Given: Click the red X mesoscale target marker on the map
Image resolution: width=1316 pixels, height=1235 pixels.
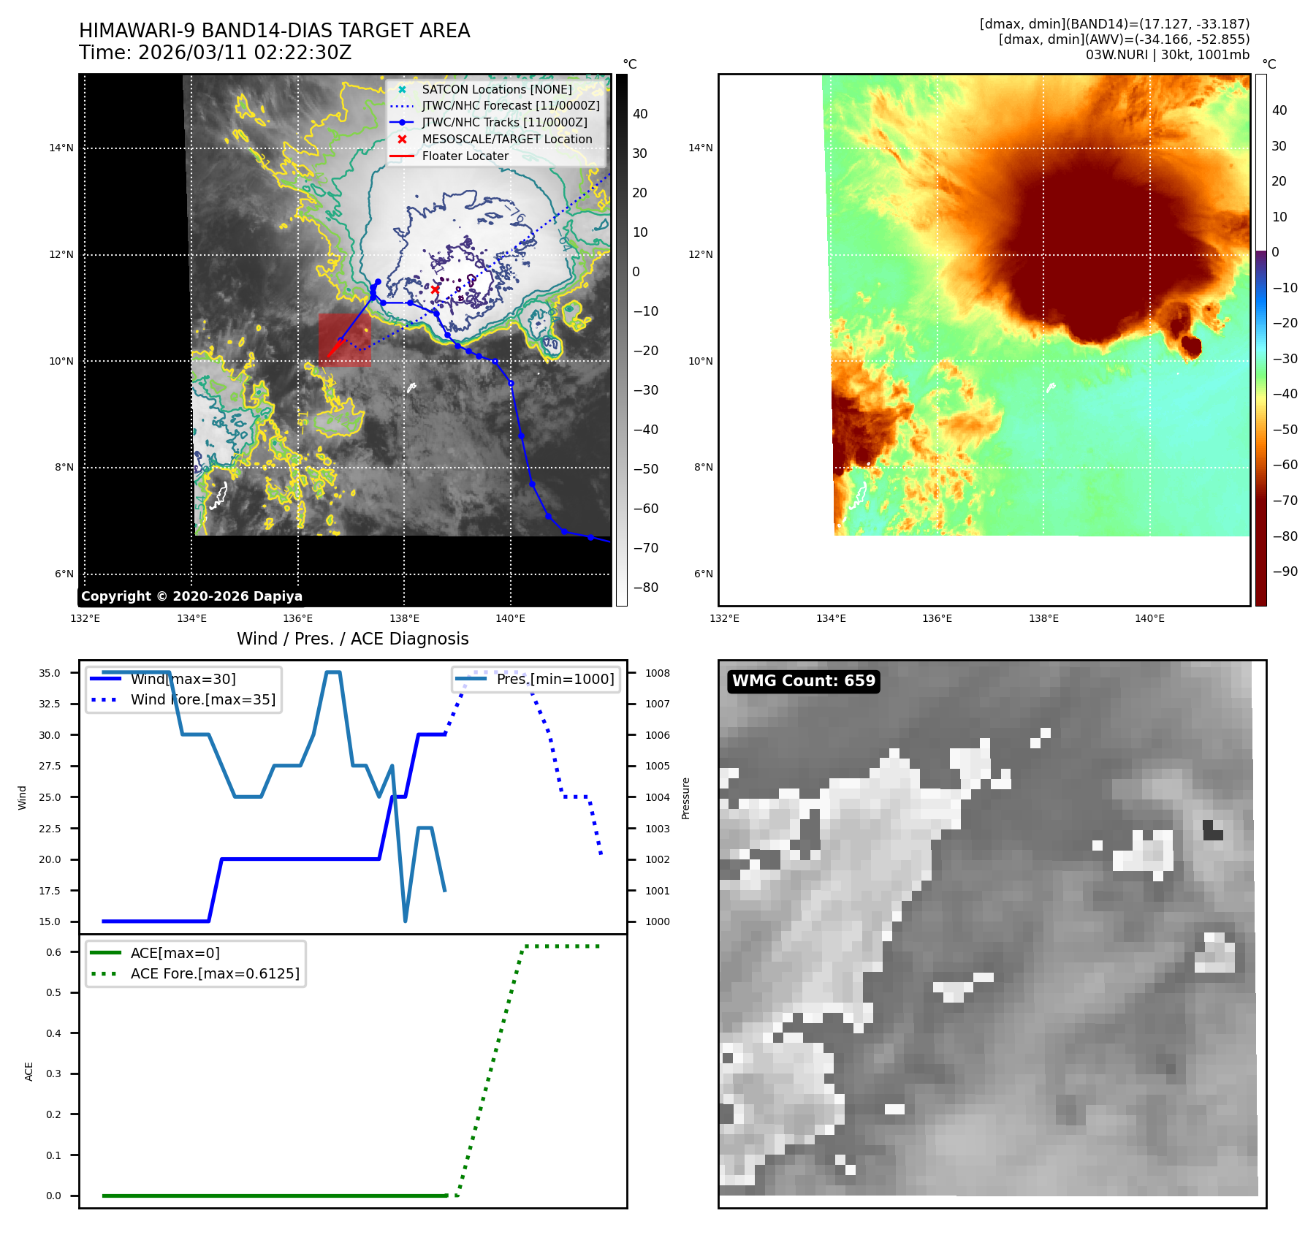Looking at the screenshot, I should click(436, 289).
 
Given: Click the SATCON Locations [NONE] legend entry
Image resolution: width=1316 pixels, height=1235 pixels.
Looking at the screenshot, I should click(496, 89).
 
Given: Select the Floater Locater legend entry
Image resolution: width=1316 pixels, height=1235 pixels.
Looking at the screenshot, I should click(465, 156).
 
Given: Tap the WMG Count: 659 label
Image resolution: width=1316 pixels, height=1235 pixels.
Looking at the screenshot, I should click(803, 681).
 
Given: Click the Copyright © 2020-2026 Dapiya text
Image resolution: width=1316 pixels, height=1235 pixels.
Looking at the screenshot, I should click(191, 596).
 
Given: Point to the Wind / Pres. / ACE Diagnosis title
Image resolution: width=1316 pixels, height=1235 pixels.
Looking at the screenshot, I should click(352, 639).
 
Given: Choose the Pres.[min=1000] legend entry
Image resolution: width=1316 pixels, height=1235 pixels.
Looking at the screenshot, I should click(555, 679).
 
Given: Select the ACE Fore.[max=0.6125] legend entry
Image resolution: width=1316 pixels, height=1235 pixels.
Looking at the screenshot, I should click(215, 973).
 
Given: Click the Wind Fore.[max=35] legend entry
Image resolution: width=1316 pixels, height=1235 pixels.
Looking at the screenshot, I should click(202, 699).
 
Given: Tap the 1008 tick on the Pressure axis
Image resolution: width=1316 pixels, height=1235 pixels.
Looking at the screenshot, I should click(657, 673).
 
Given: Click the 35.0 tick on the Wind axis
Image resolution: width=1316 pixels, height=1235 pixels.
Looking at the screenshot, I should click(50, 673).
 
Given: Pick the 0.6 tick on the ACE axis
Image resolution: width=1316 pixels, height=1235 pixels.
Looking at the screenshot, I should click(53, 952).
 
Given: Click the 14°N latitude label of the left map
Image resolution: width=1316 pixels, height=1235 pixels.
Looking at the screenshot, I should click(61, 148).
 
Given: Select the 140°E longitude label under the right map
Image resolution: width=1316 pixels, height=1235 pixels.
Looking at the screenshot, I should click(1149, 618).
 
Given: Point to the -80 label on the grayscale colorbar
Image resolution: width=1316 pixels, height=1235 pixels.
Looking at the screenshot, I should click(645, 588).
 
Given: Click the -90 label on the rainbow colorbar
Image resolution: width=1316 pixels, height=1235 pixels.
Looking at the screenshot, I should click(1285, 571).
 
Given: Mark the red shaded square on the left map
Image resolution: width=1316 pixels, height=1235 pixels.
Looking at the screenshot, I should click(344, 340).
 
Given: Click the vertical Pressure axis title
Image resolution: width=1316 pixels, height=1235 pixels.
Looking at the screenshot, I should click(685, 798).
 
